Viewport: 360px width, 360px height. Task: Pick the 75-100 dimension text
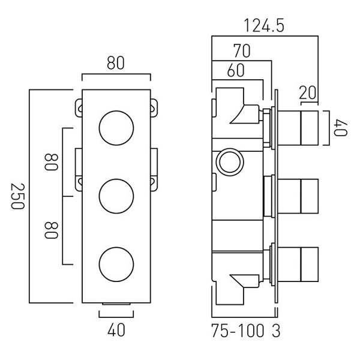coord(236,331)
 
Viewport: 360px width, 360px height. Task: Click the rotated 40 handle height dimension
coord(342,127)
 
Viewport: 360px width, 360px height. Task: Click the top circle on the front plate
coord(116,128)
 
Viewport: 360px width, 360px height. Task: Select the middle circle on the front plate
coord(116,196)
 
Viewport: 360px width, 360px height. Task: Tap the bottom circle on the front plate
coord(116,263)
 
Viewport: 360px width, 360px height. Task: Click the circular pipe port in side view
coord(229,161)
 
